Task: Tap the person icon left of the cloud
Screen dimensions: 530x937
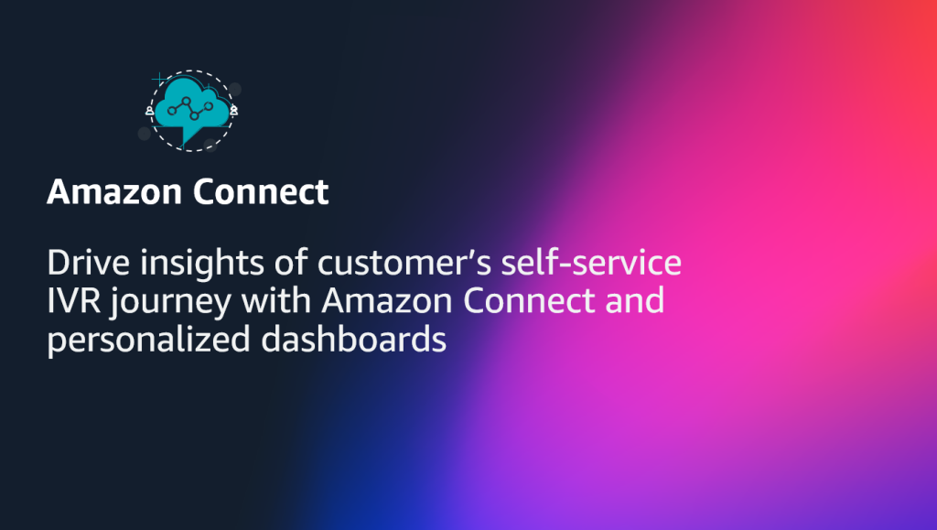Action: coord(149,110)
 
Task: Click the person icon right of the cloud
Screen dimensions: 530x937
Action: coord(235,110)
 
